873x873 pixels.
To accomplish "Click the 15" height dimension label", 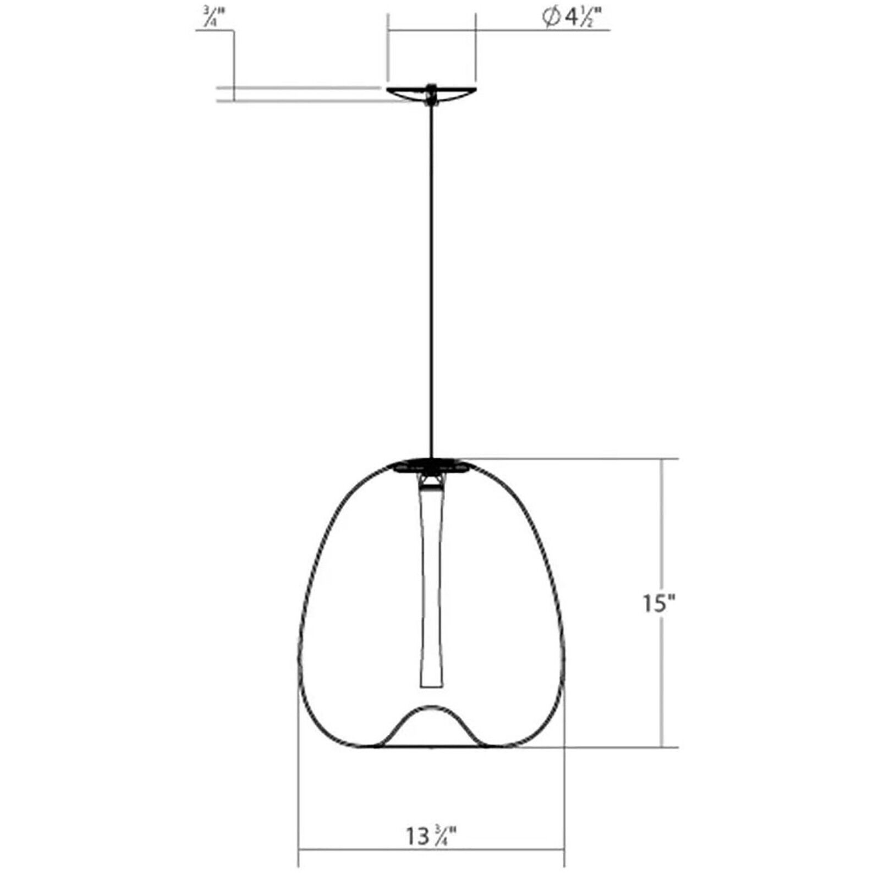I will [x=658, y=603].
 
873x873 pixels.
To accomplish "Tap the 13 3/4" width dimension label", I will [x=432, y=837].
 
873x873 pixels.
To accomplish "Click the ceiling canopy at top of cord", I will [x=432, y=94].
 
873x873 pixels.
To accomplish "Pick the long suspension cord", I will [x=432, y=275].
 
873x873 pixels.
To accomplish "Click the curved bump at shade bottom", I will [x=431, y=715].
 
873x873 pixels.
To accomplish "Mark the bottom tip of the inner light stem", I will [x=431, y=685].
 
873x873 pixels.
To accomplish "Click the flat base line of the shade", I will [x=431, y=747].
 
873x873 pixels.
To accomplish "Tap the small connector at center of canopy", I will [x=432, y=95].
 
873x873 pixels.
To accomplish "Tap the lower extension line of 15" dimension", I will [x=605, y=747].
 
